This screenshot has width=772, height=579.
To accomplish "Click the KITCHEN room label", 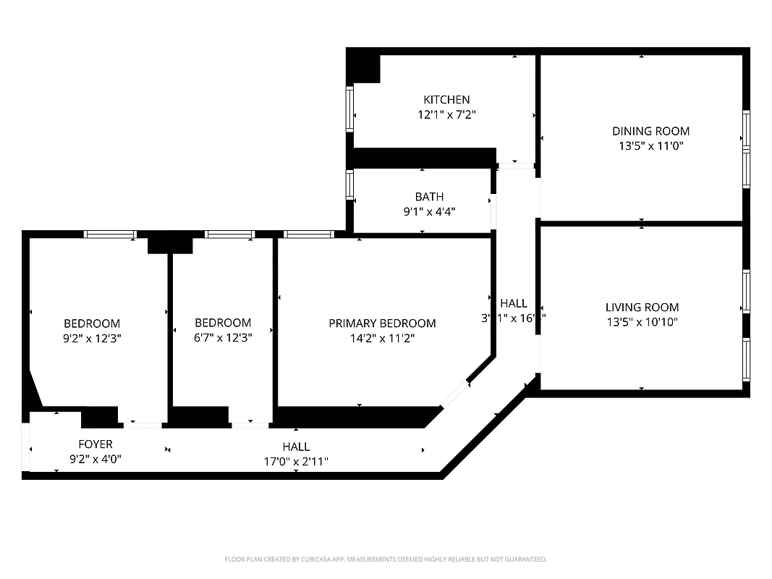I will point(446,100).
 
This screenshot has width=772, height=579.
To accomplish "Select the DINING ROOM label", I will point(650,131).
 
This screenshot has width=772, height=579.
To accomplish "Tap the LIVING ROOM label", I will point(642,308).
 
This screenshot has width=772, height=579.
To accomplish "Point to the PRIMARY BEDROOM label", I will point(382,324).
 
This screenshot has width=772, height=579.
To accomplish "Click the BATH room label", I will point(429,197).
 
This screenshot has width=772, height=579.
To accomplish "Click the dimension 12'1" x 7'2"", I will point(446,114).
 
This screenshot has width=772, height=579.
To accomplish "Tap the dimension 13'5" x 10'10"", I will point(642,323).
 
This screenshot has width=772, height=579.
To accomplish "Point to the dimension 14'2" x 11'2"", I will point(382,338).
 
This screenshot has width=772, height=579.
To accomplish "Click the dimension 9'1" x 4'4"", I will point(429,211).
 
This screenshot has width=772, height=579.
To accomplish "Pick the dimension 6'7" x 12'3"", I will point(223,338).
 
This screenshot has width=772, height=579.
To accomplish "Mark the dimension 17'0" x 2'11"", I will point(296,461).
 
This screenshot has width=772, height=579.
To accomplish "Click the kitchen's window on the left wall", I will point(350,109).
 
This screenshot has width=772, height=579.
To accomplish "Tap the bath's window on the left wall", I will point(350,185).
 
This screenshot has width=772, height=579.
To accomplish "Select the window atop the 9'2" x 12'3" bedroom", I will point(110,234).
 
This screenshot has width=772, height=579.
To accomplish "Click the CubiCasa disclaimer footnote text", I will point(386,559).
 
